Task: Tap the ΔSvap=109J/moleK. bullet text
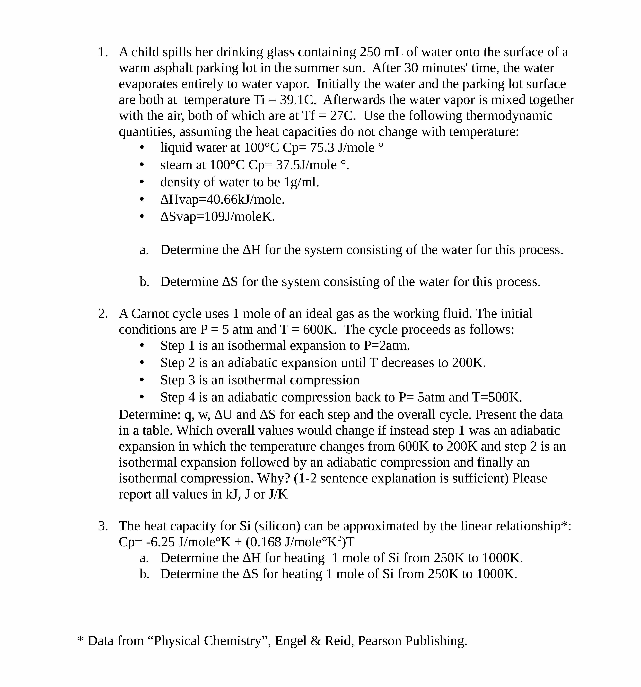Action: [217, 217]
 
